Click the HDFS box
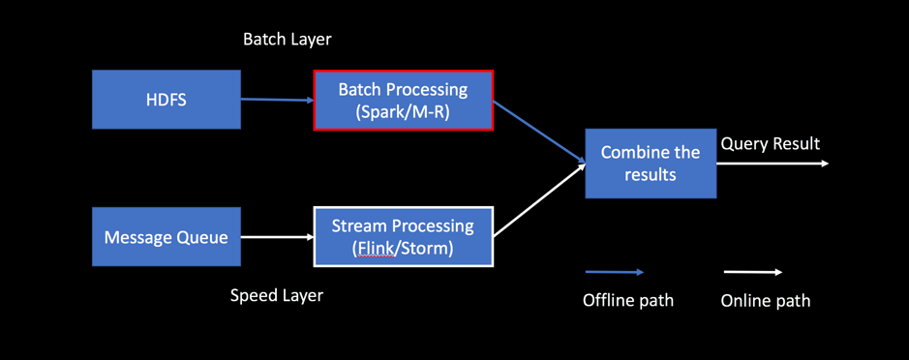166,99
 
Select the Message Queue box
166,236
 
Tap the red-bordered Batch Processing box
404,100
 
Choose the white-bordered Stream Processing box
404,236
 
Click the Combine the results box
651,164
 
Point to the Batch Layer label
287,40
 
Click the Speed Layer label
277,296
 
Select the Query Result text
771,144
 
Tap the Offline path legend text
628,300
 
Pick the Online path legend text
765,300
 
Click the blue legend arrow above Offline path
615,272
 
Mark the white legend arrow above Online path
752,272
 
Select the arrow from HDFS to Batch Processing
277,100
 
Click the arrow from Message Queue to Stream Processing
277,236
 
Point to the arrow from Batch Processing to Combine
539,132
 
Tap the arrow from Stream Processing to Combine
539,200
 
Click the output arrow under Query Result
773,164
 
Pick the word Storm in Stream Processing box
425,249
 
